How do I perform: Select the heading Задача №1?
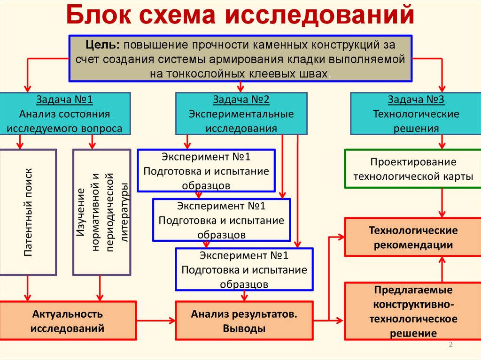pos(65,100)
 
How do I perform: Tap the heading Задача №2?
pos(241,100)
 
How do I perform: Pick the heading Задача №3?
pos(416,100)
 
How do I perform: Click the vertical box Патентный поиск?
pos(28,212)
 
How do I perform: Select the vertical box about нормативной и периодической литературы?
pos(101,212)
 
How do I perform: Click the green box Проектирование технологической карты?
pos(413,169)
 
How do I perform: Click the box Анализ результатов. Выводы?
pos(244,321)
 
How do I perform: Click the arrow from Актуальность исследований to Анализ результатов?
pos(155,321)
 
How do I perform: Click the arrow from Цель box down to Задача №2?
pos(240,86)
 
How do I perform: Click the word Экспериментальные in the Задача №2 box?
pos(241,114)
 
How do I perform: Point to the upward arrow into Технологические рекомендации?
pos(442,269)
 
